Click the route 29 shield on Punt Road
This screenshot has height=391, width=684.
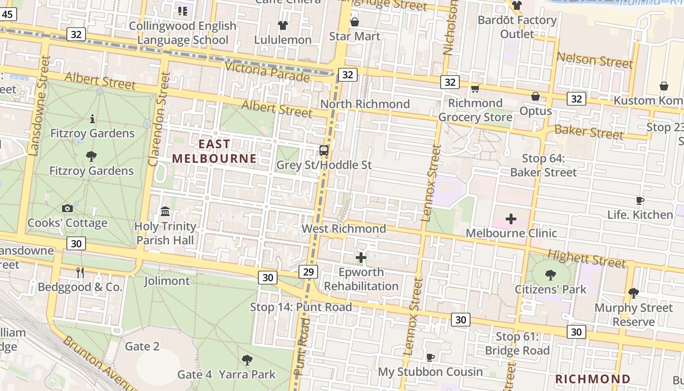point(308,272)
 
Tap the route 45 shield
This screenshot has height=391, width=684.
point(7,14)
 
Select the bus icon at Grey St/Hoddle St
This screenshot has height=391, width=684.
point(323,150)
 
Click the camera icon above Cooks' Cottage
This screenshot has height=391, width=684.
point(67,209)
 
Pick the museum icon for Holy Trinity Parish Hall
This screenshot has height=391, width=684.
point(165,212)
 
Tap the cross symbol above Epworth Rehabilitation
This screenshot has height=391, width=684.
point(361,258)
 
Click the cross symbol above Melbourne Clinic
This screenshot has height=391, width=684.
point(511,218)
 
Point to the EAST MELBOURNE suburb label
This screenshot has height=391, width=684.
point(214,151)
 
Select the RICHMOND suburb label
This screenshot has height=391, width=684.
point(593,379)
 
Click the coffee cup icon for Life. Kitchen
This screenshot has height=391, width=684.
point(640,200)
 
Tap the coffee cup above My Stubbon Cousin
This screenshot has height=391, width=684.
point(430,357)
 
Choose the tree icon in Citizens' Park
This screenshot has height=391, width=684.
point(551,275)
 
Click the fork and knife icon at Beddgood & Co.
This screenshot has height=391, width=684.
point(80,273)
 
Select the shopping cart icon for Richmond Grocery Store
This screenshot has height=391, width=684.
point(475,88)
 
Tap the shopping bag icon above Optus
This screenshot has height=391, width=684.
point(535,96)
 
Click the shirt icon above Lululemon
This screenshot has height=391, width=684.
point(283,25)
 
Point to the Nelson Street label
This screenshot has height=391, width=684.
point(595,60)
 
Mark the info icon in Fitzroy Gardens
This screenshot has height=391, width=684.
point(92,119)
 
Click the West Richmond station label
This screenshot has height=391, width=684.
point(343,229)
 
